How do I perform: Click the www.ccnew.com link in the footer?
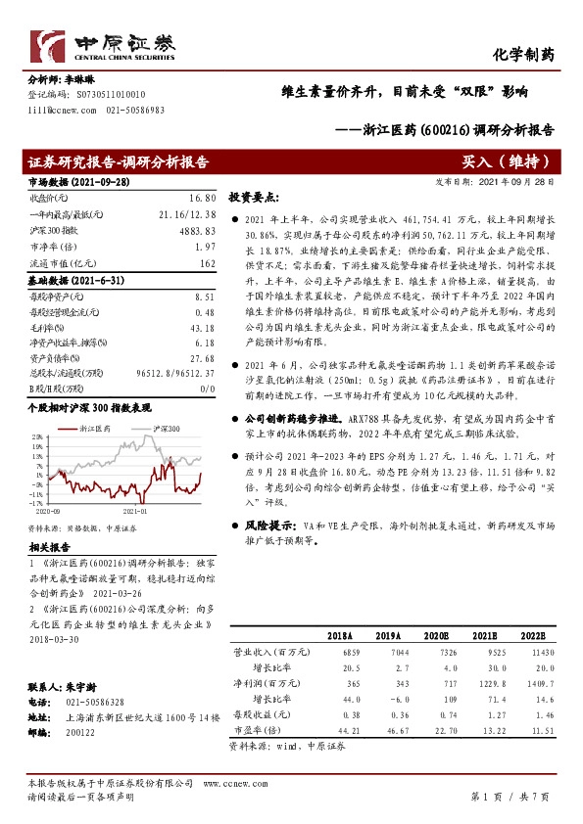pyautogui.click(x=227, y=784)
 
